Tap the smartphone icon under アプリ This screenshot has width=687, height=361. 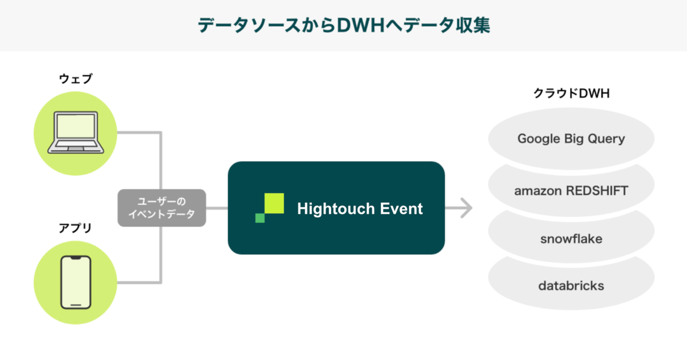pyautogui.click(x=75, y=282)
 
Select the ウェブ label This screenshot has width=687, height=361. pyautogui.click(x=75, y=79)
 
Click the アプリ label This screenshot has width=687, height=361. pyautogui.click(x=75, y=228)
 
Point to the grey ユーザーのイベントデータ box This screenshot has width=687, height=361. pyautogui.click(x=161, y=208)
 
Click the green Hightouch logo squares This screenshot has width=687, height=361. pyautogui.click(x=270, y=208)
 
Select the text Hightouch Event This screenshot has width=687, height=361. pyautogui.click(x=360, y=209)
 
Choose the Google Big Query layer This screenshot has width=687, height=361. pyautogui.click(x=571, y=139)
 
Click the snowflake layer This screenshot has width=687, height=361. pyautogui.click(x=571, y=238)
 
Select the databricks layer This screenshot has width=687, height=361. pyautogui.click(x=571, y=285)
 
